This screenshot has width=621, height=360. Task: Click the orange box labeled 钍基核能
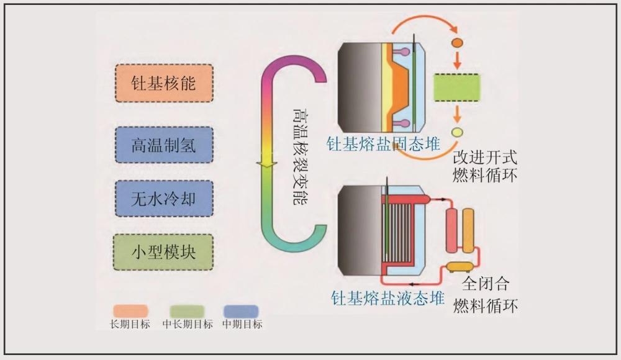[164, 83]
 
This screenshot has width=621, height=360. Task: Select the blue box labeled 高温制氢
[164, 145]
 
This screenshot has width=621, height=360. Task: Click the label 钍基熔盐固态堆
[383, 145]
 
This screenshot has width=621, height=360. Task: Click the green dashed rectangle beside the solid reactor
[456, 87]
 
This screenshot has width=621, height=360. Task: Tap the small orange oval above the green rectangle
[456, 43]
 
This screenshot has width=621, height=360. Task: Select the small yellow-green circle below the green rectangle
[457, 132]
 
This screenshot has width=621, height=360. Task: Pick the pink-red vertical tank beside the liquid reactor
[451, 230]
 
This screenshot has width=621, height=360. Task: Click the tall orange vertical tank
[468, 230]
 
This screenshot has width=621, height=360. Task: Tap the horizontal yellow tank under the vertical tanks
[460, 266]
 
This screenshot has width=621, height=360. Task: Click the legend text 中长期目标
[188, 324]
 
